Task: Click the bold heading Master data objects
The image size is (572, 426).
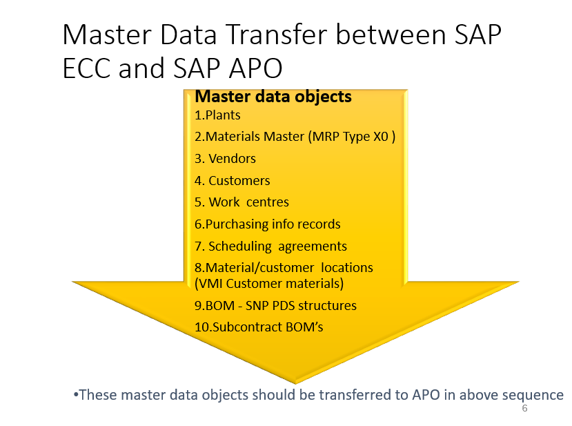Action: click(273, 97)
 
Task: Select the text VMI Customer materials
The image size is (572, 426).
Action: click(269, 283)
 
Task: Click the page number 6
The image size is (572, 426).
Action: click(524, 409)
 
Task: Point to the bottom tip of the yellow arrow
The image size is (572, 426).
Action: click(296, 382)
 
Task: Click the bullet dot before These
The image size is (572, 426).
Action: click(75, 395)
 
